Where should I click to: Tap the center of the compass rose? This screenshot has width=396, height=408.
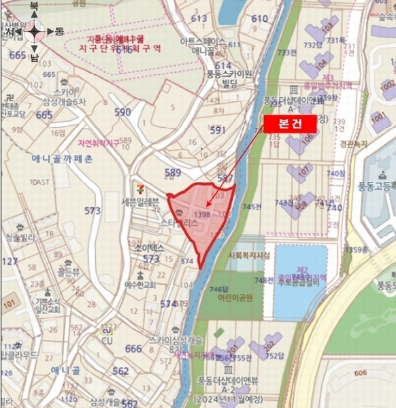(x=35, y=31)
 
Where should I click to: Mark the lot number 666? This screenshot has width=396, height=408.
(x=134, y=348)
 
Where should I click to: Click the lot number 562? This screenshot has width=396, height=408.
(x=120, y=371)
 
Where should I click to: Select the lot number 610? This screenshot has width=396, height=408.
(x=260, y=18)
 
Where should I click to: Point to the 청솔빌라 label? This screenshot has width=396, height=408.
(x=18, y=237)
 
